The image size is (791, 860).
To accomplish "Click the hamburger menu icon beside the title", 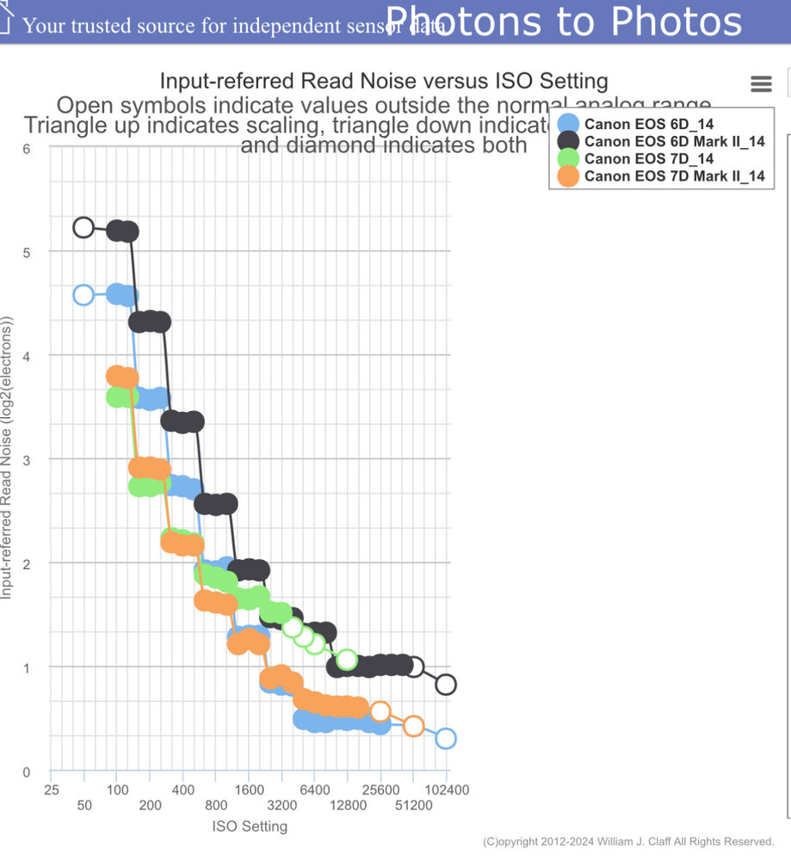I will (x=761, y=83).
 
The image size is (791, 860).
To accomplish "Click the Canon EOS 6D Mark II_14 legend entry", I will (x=674, y=141).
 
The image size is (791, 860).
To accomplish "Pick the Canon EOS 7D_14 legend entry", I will (x=648, y=159).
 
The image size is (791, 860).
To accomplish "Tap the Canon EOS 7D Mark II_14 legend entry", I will (x=674, y=176).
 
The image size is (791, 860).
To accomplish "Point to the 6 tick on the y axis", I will (x=27, y=148).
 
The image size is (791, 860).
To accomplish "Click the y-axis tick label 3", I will (x=27, y=460).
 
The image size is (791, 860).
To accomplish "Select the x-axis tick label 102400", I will (x=446, y=789).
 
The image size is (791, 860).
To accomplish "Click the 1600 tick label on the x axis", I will (x=249, y=789).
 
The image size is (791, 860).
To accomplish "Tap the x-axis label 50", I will (x=84, y=806).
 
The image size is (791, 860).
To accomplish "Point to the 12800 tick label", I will (x=348, y=806).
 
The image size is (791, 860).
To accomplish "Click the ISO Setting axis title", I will (x=250, y=826).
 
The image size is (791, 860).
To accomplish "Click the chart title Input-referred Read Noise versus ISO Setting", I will (x=384, y=82).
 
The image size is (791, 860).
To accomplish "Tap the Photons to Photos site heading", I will (x=564, y=21).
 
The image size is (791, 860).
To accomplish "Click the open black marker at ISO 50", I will (x=83, y=227).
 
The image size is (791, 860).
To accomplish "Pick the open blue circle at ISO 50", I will (x=83, y=295).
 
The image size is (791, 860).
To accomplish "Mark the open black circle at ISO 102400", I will (x=446, y=685).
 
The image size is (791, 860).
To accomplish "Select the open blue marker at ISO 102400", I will (x=446, y=738).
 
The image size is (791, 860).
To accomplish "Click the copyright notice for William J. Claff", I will (x=628, y=841).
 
